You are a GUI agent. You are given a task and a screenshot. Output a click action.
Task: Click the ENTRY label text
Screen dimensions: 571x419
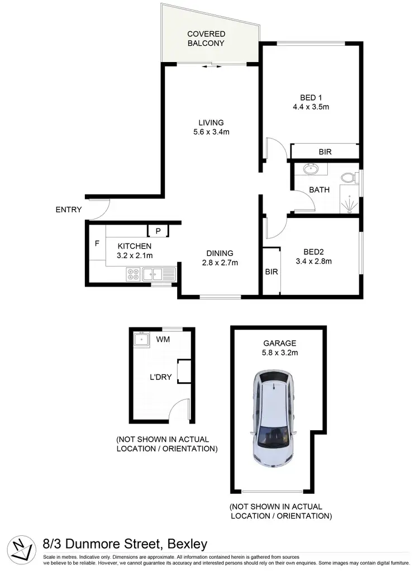[69, 210]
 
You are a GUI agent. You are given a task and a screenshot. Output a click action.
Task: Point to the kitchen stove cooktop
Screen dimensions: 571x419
[134, 274]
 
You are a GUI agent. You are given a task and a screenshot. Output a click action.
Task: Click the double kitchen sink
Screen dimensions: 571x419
[159, 274]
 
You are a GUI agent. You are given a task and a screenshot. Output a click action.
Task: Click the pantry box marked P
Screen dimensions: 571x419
[158, 230]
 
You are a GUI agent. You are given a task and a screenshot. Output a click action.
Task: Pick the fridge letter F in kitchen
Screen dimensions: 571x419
[97, 244]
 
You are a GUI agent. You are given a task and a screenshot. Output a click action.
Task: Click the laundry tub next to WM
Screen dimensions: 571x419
[142, 339]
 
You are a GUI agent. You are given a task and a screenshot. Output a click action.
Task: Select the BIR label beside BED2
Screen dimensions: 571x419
[271, 272]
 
